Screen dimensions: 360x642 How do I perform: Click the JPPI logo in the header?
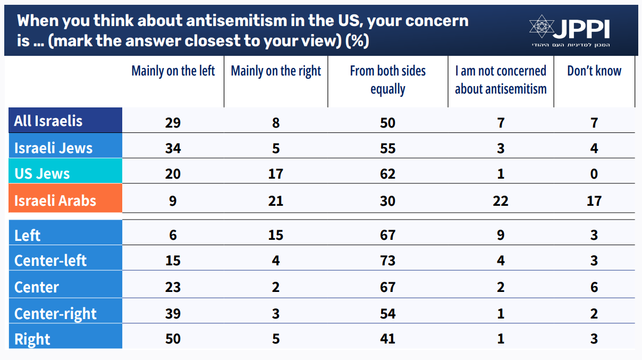click(569, 30)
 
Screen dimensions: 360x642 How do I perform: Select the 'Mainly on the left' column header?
click(173, 71)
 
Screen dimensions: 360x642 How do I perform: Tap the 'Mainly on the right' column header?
click(276, 71)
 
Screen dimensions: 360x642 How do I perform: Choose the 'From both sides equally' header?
click(387, 80)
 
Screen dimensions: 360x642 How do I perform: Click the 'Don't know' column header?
click(594, 71)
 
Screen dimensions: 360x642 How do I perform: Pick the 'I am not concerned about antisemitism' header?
click(501, 80)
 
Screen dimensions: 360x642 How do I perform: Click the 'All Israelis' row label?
click(48, 121)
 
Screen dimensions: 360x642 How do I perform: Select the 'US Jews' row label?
click(42, 173)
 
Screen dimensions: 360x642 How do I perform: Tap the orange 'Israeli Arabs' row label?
click(55, 200)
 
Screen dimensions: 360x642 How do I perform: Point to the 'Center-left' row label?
click(50, 261)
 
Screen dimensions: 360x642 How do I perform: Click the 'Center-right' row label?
click(55, 313)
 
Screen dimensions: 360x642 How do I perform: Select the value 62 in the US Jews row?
click(387, 174)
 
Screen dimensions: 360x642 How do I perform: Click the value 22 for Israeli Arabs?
click(501, 201)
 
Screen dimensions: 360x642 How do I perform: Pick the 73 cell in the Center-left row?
click(387, 261)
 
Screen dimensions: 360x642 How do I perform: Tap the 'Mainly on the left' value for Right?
click(173, 339)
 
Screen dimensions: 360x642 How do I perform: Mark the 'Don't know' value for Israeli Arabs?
click(594, 201)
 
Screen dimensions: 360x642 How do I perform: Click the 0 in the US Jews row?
click(594, 174)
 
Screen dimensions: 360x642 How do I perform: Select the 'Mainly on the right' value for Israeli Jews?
click(276, 148)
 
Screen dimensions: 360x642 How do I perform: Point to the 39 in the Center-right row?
click(173, 313)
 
